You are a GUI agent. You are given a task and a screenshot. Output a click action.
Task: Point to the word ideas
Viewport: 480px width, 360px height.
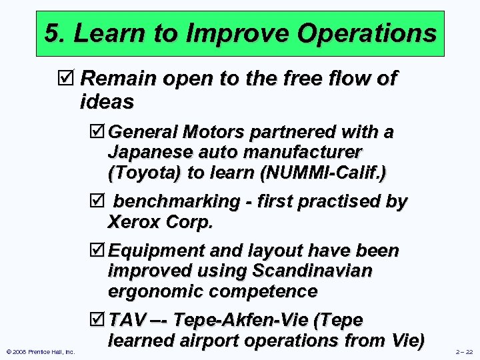click(x=107, y=102)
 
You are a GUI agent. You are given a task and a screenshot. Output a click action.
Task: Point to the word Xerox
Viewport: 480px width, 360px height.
click(x=133, y=222)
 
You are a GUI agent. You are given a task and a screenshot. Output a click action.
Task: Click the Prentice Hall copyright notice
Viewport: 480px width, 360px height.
click(x=41, y=351)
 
